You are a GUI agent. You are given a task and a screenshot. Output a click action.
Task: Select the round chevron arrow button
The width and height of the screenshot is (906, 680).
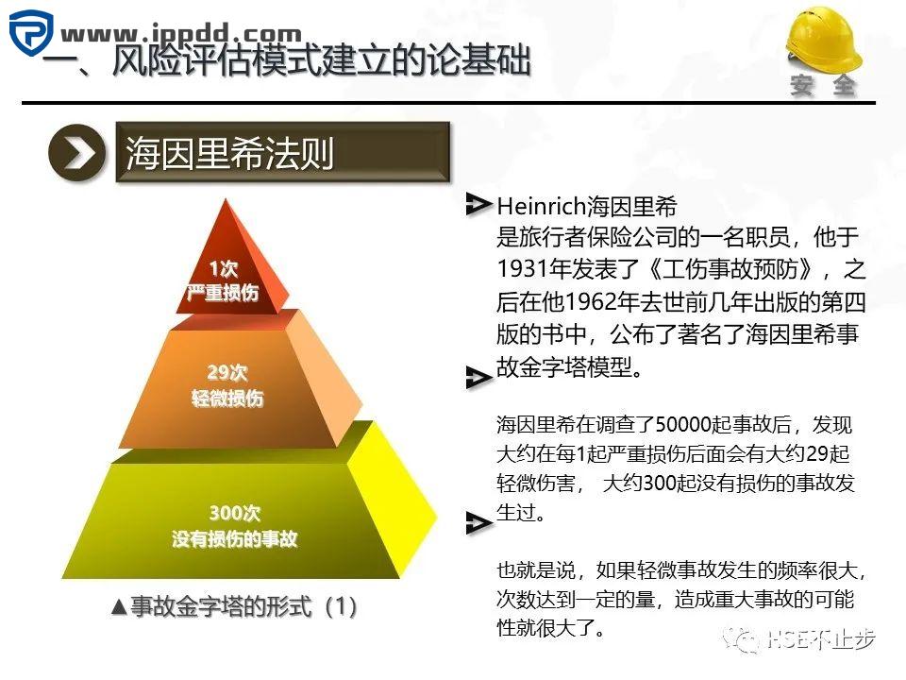(x=76, y=154)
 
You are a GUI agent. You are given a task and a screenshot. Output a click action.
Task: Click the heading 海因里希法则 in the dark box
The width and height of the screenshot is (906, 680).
(x=230, y=154)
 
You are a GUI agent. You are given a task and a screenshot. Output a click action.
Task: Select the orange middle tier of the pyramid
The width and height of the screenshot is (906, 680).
(x=226, y=387)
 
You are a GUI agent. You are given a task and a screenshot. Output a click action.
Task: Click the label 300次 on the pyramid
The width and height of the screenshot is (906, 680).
(x=234, y=514)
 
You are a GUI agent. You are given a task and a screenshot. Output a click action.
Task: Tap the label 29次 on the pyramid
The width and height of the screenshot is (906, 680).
(x=226, y=372)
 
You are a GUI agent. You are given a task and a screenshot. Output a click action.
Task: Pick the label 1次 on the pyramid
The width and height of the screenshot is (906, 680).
(x=223, y=269)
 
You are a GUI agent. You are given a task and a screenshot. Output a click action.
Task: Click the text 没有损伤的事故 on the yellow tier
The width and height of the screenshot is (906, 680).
(x=235, y=540)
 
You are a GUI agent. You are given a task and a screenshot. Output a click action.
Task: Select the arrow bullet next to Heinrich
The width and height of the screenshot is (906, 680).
(x=479, y=202)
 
